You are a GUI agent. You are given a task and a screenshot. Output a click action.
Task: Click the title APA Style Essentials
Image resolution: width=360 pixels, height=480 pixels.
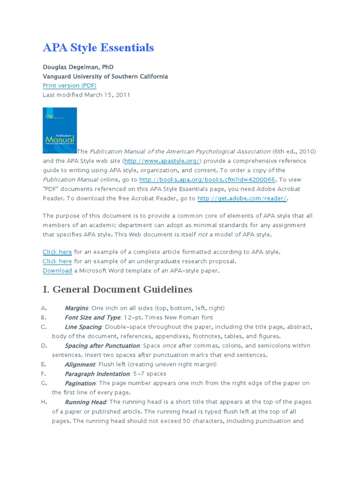pos(98,47)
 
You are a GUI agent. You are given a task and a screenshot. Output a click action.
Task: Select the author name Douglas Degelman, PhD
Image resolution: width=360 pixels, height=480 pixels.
pos(78,67)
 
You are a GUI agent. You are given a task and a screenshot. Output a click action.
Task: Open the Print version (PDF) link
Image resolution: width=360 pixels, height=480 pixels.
pos(69,85)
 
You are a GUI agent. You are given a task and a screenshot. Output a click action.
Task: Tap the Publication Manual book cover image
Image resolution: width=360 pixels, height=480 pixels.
pos(60,131)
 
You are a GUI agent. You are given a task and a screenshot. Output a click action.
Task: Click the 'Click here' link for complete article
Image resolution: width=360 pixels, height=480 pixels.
pos(57,252)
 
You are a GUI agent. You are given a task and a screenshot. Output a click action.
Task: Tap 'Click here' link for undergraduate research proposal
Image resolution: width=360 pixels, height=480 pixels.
pos(57,261)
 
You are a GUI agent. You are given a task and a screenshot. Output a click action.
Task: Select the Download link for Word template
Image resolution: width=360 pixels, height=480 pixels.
pos(57,270)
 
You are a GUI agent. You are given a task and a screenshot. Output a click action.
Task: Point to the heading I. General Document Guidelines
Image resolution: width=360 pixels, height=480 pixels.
pos(117,289)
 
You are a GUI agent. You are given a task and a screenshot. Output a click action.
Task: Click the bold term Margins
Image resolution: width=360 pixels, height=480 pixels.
pos(76,308)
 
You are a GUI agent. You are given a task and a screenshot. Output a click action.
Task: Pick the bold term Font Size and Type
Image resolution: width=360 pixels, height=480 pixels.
pos(92,317)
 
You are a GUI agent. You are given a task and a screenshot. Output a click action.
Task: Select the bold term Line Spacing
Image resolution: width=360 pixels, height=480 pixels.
pos(83,327)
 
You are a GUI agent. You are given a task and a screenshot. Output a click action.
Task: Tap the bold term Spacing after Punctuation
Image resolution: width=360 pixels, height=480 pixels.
pos(102,345)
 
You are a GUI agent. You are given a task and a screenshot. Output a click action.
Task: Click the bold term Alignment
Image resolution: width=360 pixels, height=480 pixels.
pos(80,364)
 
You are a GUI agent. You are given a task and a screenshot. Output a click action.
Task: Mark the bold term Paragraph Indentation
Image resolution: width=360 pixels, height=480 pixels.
pos(97,374)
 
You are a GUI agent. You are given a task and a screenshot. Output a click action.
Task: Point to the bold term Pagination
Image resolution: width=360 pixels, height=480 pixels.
pos(80,383)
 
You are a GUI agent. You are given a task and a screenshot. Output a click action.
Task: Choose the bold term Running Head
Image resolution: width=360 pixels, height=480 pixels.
pos(85,402)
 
